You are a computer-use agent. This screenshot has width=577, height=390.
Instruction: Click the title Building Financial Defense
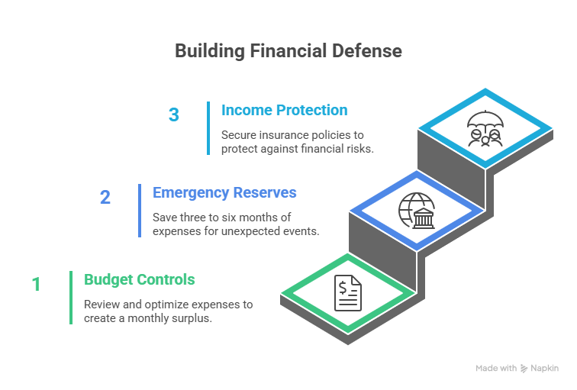tap(288, 51)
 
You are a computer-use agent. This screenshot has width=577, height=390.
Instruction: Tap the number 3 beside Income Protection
tap(174, 115)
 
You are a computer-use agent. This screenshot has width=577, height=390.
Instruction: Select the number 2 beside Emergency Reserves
tap(105, 198)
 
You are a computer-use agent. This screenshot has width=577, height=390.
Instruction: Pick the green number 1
tap(36, 285)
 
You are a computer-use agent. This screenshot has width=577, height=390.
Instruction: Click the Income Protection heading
tap(284, 110)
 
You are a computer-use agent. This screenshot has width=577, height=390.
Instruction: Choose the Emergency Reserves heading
tap(224, 192)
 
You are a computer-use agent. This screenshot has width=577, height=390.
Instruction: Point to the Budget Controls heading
tap(140, 279)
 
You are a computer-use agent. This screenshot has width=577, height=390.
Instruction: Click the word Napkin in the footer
tap(545, 368)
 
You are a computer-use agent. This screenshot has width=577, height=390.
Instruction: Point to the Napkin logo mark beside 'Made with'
tap(524, 368)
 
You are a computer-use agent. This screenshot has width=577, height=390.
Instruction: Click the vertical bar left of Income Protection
tap(208, 128)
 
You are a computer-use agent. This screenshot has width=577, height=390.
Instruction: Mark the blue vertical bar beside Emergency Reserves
tap(140, 211)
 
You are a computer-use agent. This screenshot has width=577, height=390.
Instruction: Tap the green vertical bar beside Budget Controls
tap(71, 297)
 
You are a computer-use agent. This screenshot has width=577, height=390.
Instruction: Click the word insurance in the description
tap(284, 134)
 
